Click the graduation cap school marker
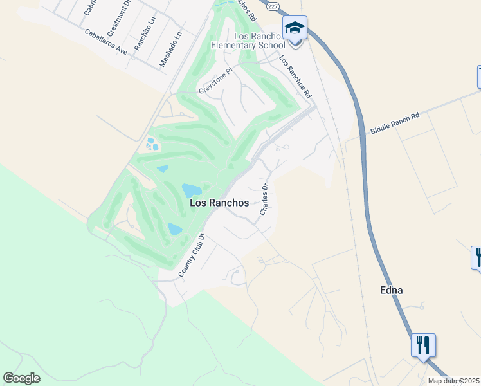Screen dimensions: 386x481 295,28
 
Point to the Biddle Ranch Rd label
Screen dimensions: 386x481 394,124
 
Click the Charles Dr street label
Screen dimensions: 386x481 264,199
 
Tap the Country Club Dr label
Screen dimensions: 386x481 191,256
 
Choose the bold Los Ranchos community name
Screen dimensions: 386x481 219,203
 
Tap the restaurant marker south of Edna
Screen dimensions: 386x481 423,345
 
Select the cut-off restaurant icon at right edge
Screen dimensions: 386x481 476,257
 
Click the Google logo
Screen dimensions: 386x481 21,378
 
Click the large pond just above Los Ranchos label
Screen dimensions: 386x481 191,190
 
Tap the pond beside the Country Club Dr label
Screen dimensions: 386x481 174,228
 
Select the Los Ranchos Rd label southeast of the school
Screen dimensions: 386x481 295,77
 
